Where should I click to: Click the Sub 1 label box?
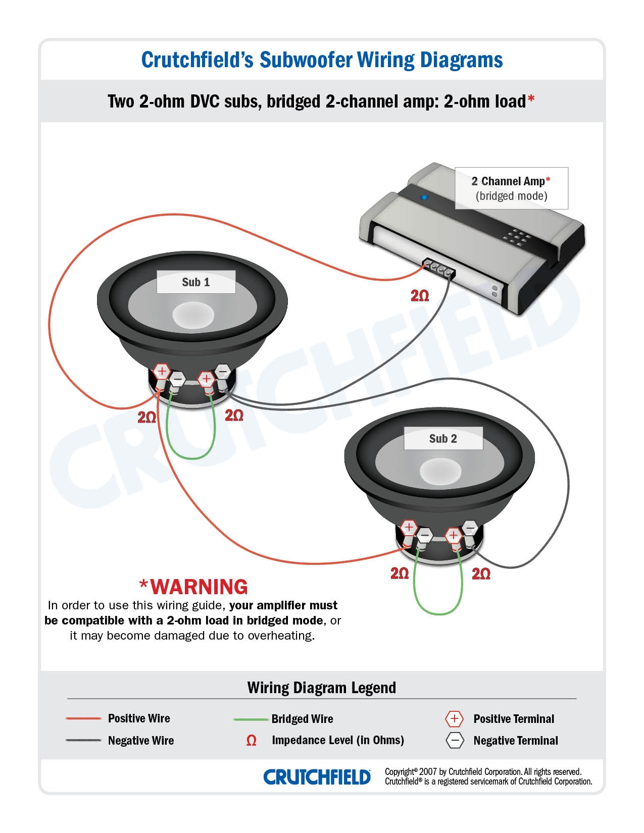tap(196, 282)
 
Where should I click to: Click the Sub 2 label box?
tap(443, 439)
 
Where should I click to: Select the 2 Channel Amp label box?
tap(511, 188)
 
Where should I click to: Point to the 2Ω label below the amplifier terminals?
tap(420, 296)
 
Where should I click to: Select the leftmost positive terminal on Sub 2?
tap(409, 528)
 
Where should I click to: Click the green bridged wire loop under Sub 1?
tap(191, 457)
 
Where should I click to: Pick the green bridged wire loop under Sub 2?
tap(438, 612)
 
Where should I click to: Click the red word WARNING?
tap(199, 587)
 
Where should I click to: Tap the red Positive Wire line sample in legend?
tap(83, 718)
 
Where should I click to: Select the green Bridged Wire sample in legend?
tap(251, 719)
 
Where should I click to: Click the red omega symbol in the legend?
tap(251, 741)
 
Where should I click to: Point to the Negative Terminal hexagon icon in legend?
tap(455, 741)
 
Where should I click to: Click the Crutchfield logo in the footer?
tap(317, 777)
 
